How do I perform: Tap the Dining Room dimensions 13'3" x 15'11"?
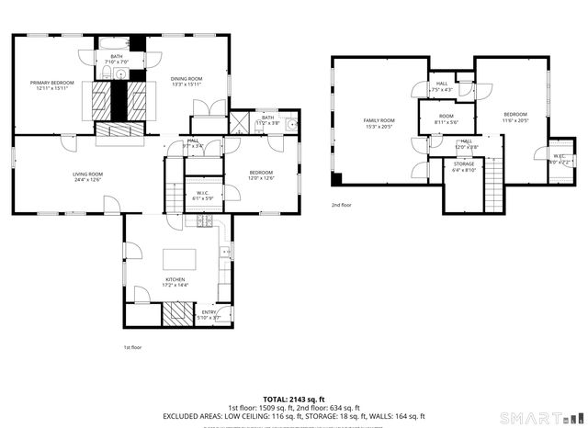tap(187, 84)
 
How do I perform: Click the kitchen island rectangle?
tap(176, 257)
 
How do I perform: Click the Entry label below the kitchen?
tap(209, 313)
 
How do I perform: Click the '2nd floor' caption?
tap(342, 205)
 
